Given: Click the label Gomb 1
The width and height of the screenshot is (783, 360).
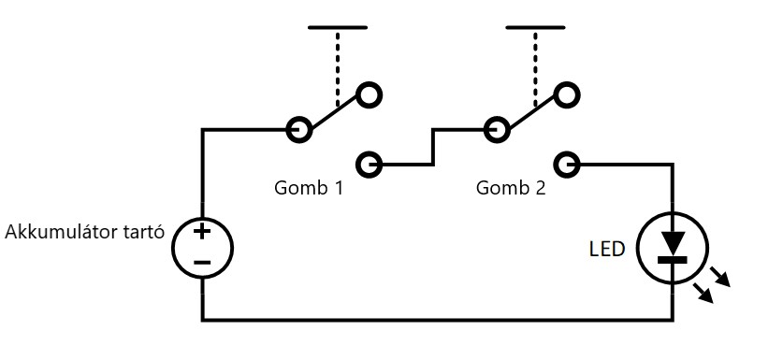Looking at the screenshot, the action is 309,188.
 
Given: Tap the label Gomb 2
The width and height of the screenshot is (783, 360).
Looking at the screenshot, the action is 511,188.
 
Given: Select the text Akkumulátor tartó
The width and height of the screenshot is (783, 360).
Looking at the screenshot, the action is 84,232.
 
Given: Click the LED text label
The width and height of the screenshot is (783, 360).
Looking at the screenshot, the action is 607,249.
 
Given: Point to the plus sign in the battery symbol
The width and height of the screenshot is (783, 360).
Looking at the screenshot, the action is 202,231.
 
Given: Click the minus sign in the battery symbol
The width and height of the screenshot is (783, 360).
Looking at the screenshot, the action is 202,262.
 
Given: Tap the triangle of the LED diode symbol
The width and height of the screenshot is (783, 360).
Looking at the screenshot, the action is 672,243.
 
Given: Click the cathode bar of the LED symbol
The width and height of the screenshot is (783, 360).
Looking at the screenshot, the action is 672,260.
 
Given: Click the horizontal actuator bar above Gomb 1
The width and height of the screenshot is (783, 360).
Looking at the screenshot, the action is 338,27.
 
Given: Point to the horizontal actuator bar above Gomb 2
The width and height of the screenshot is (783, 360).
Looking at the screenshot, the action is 535,27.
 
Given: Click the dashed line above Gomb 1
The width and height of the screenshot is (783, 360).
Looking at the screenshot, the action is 338,69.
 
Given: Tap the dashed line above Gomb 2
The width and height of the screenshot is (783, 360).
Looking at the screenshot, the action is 535,69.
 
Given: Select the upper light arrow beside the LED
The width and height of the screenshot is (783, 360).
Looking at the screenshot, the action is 720,277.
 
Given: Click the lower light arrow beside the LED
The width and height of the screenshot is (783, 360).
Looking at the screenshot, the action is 703,293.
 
